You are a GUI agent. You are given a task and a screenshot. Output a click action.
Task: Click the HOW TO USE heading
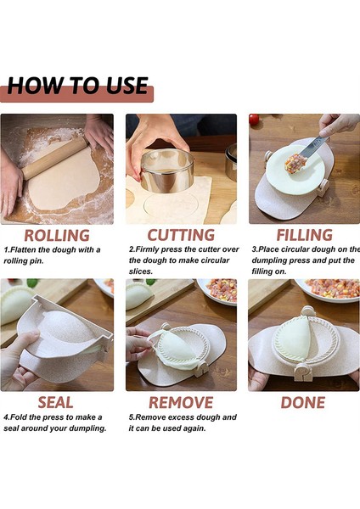click(78, 87)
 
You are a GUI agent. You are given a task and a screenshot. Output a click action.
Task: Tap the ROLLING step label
click(57, 235)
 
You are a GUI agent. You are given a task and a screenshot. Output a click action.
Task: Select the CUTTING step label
click(181, 235)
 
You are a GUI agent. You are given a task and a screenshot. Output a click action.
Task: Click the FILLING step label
click(303, 235)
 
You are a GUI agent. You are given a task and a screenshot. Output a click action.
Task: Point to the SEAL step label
click(55, 402)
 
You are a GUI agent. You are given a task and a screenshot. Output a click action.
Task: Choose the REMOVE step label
click(181, 402)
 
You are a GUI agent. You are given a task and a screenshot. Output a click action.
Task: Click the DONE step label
click(303, 402)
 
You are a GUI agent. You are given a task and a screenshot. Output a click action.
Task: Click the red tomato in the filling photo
click(254, 120)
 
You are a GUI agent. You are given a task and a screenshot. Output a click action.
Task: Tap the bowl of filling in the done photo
click(333, 288)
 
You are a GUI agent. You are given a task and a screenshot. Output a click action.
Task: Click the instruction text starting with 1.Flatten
click(53, 255)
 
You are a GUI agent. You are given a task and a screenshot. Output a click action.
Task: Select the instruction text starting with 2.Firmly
click(183, 260)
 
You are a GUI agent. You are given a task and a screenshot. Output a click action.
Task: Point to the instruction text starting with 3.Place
click(304, 255)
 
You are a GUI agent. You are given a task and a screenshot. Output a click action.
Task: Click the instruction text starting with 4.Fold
click(55, 422)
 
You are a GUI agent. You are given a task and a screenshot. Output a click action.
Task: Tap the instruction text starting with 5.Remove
click(183, 422)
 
